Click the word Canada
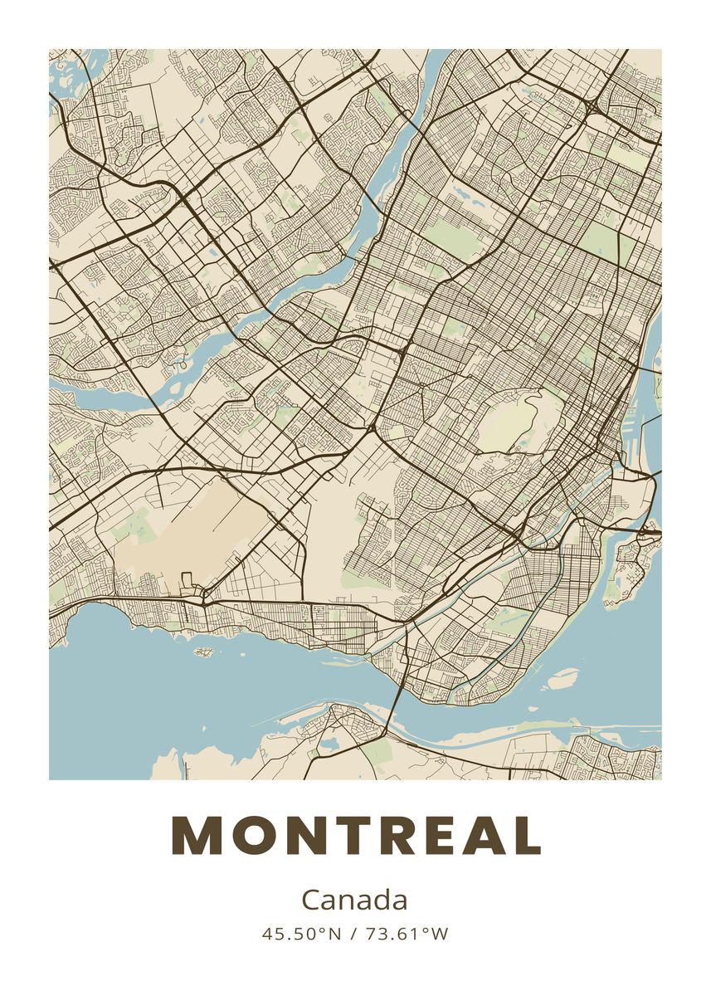(354, 900)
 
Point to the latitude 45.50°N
(302, 934)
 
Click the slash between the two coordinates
(353, 934)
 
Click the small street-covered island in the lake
(204, 652)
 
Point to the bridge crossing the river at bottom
(397, 705)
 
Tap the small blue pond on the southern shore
(330, 740)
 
